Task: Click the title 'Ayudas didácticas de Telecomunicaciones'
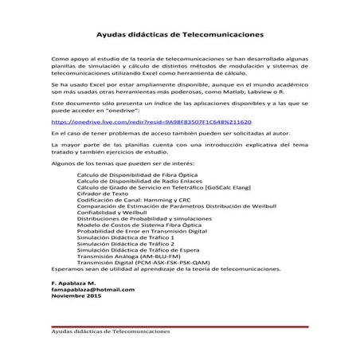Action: (180, 35)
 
